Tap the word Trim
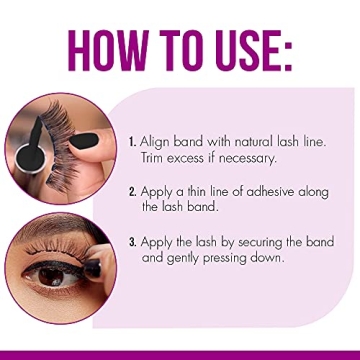pyautogui.click(x=156, y=157)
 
